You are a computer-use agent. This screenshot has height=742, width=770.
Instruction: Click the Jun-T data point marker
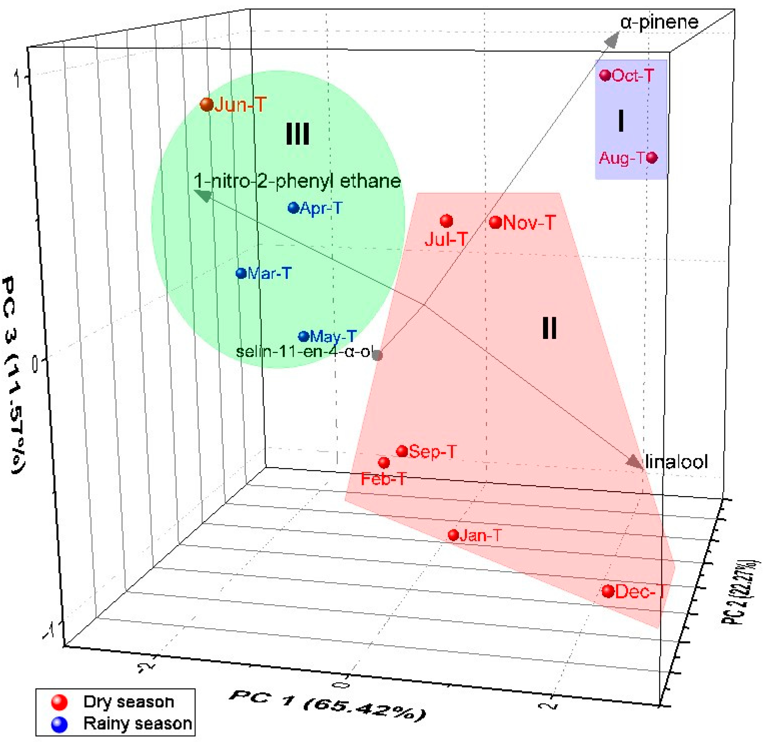pos(207,105)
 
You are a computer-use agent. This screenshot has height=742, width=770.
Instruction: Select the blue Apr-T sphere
pos(294,207)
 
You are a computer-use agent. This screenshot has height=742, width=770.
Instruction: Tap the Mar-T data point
pos(241,273)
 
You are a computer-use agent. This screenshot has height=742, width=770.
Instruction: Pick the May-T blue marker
pos(303,336)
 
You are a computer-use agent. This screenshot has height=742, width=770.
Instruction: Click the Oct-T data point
pos(605,75)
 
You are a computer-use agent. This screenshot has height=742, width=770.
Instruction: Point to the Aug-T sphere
pos(652,158)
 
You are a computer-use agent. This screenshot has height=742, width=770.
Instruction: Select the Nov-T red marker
pos(495,222)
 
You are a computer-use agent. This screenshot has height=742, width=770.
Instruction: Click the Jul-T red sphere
pos(446,221)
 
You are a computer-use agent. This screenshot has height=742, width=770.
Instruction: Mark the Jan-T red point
pos(453,535)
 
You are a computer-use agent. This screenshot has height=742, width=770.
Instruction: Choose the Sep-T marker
pos(402,451)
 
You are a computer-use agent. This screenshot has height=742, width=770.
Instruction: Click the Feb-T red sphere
pos(384,462)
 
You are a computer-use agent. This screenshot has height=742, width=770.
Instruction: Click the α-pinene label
pos(659,23)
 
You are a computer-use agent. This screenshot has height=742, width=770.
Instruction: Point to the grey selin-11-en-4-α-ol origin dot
pos(377,355)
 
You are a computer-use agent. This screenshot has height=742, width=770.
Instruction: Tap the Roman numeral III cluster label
pos(298,134)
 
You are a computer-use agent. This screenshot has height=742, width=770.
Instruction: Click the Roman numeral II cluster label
pos(549,328)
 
